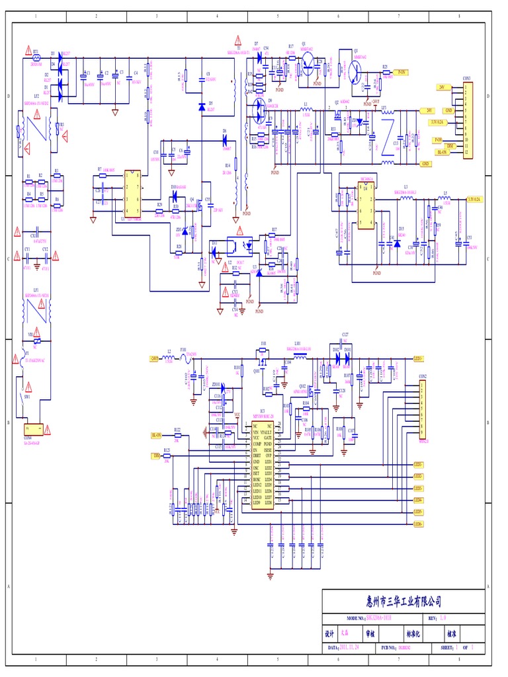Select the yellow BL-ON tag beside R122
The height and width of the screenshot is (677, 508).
pos(156,436)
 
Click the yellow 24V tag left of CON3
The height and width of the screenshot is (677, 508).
pos(442,87)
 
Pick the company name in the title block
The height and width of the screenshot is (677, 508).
pos(403,602)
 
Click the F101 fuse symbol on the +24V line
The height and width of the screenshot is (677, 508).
pos(183,359)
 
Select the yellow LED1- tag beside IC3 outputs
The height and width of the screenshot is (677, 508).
pos(419,465)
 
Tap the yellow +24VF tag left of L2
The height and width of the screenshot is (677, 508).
pos(153,359)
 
